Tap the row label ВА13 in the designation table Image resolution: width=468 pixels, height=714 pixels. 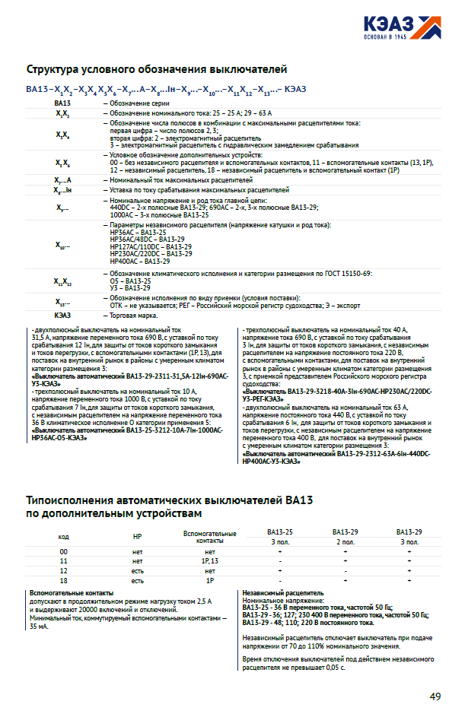click(x=62, y=102)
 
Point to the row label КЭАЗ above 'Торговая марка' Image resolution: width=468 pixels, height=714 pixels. click(x=62, y=315)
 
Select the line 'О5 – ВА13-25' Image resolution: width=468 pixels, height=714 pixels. click(x=130, y=281)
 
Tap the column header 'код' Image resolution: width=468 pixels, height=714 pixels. click(x=64, y=537)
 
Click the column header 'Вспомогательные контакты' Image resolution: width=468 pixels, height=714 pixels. click(x=210, y=537)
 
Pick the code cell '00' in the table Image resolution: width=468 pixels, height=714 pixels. click(x=64, y=551)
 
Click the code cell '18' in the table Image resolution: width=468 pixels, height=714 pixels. click(x=64, y=580)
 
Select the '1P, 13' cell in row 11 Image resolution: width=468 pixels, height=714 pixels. click(x=210, y=560)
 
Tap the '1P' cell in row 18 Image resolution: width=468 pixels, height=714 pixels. click(x=210, y=580)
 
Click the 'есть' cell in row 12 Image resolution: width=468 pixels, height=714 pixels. click(x=138, y=570)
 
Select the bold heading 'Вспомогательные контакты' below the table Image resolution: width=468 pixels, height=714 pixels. click(x=72, y=592)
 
